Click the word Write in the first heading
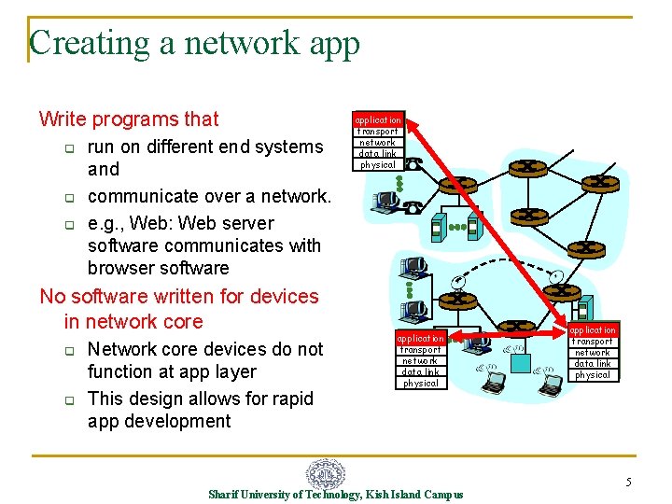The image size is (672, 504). click(63, 119)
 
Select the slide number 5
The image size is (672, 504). click(628, 483)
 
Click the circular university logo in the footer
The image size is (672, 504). click(326, 473)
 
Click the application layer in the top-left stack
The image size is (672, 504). click(377, 120)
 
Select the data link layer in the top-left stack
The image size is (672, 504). click(377, 154)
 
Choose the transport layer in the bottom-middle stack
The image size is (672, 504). click(420, 350)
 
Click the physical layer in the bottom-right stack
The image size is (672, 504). click(593, 375)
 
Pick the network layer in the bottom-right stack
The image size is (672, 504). click(593, 353)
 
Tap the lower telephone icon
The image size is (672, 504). click(413, 207)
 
